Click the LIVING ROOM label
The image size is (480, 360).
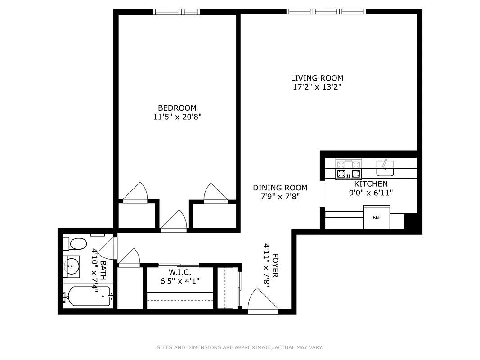[x=317, y=78]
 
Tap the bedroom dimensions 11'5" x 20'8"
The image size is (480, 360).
[x=177, y=117]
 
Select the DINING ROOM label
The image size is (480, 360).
[x=280, y=188]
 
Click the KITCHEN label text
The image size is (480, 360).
[x=371, y=184]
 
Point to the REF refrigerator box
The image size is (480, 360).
[x=377, y=217]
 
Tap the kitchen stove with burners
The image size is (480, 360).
[x=349, y=170]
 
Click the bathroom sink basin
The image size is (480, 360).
[x=71, y=265]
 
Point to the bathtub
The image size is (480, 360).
[x=87, y=296]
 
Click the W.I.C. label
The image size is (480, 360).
[x=180, y=272]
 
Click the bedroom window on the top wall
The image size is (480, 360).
[x=176, y=12]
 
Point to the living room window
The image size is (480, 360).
[x=326, y=12]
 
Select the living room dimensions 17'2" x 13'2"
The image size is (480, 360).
[x=317, y=87]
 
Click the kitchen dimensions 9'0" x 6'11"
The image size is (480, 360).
[x=371, y=193]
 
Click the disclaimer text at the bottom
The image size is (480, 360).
[x=240, y=347]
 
